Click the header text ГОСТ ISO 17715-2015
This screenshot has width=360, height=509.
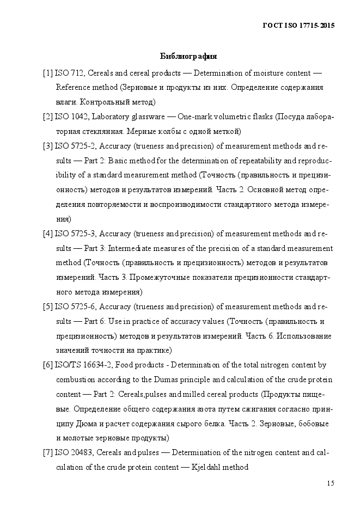coord(299,26)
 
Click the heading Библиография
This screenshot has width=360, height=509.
coord(188,56)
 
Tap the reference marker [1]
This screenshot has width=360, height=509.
coord(48,73)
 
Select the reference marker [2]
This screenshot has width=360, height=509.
coord(48,116)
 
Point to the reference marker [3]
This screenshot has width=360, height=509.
coord(48,146)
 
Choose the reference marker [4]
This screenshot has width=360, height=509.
coord(48,234)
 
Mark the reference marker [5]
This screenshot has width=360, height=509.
coord(48,306)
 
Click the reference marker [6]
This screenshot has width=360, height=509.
coord(48,365)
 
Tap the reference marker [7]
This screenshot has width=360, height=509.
coord(48,452)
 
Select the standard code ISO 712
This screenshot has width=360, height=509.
coord(69,73)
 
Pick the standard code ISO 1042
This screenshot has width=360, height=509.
coord(71,116)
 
